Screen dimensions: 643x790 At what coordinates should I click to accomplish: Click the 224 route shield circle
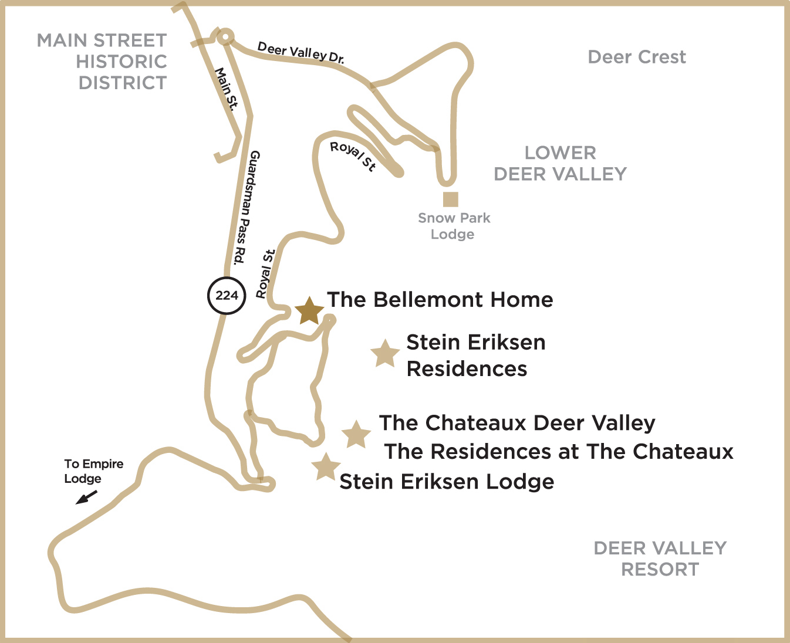[x=227, y=295]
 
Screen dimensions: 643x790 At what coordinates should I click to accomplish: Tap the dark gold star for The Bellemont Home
[x=309, y=311]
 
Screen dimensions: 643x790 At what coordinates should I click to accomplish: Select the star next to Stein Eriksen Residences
[x=384, y=353]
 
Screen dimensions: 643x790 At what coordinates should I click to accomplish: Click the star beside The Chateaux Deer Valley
[x=356, y=435]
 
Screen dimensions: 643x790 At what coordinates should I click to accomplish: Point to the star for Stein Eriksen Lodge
[x=326, y=468]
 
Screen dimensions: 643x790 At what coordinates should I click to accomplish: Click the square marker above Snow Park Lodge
[x=450, y=199]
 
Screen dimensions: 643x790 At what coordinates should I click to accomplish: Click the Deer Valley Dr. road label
[x=301, y=52]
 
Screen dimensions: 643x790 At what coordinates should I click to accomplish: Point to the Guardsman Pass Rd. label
[x=247, y=208]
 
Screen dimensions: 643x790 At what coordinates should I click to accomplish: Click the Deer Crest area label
[x=637, y=57]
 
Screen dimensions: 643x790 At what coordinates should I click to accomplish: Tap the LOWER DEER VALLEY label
[x=560, y=164]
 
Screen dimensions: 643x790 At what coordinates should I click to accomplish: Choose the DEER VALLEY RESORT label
[x=660, y=559]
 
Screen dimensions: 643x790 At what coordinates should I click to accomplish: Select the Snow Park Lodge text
[x=454, y=226]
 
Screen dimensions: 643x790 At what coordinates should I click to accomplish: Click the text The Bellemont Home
[x=440, y=300]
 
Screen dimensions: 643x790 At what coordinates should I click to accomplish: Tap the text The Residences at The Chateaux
[x=558, y=451]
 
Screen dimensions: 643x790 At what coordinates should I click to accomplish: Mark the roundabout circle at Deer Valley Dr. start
[x=225, y=36]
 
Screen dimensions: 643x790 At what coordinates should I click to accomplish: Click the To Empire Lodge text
[x=93, y=471]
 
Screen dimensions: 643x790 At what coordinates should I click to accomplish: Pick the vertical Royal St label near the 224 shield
[x=266, y=274]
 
